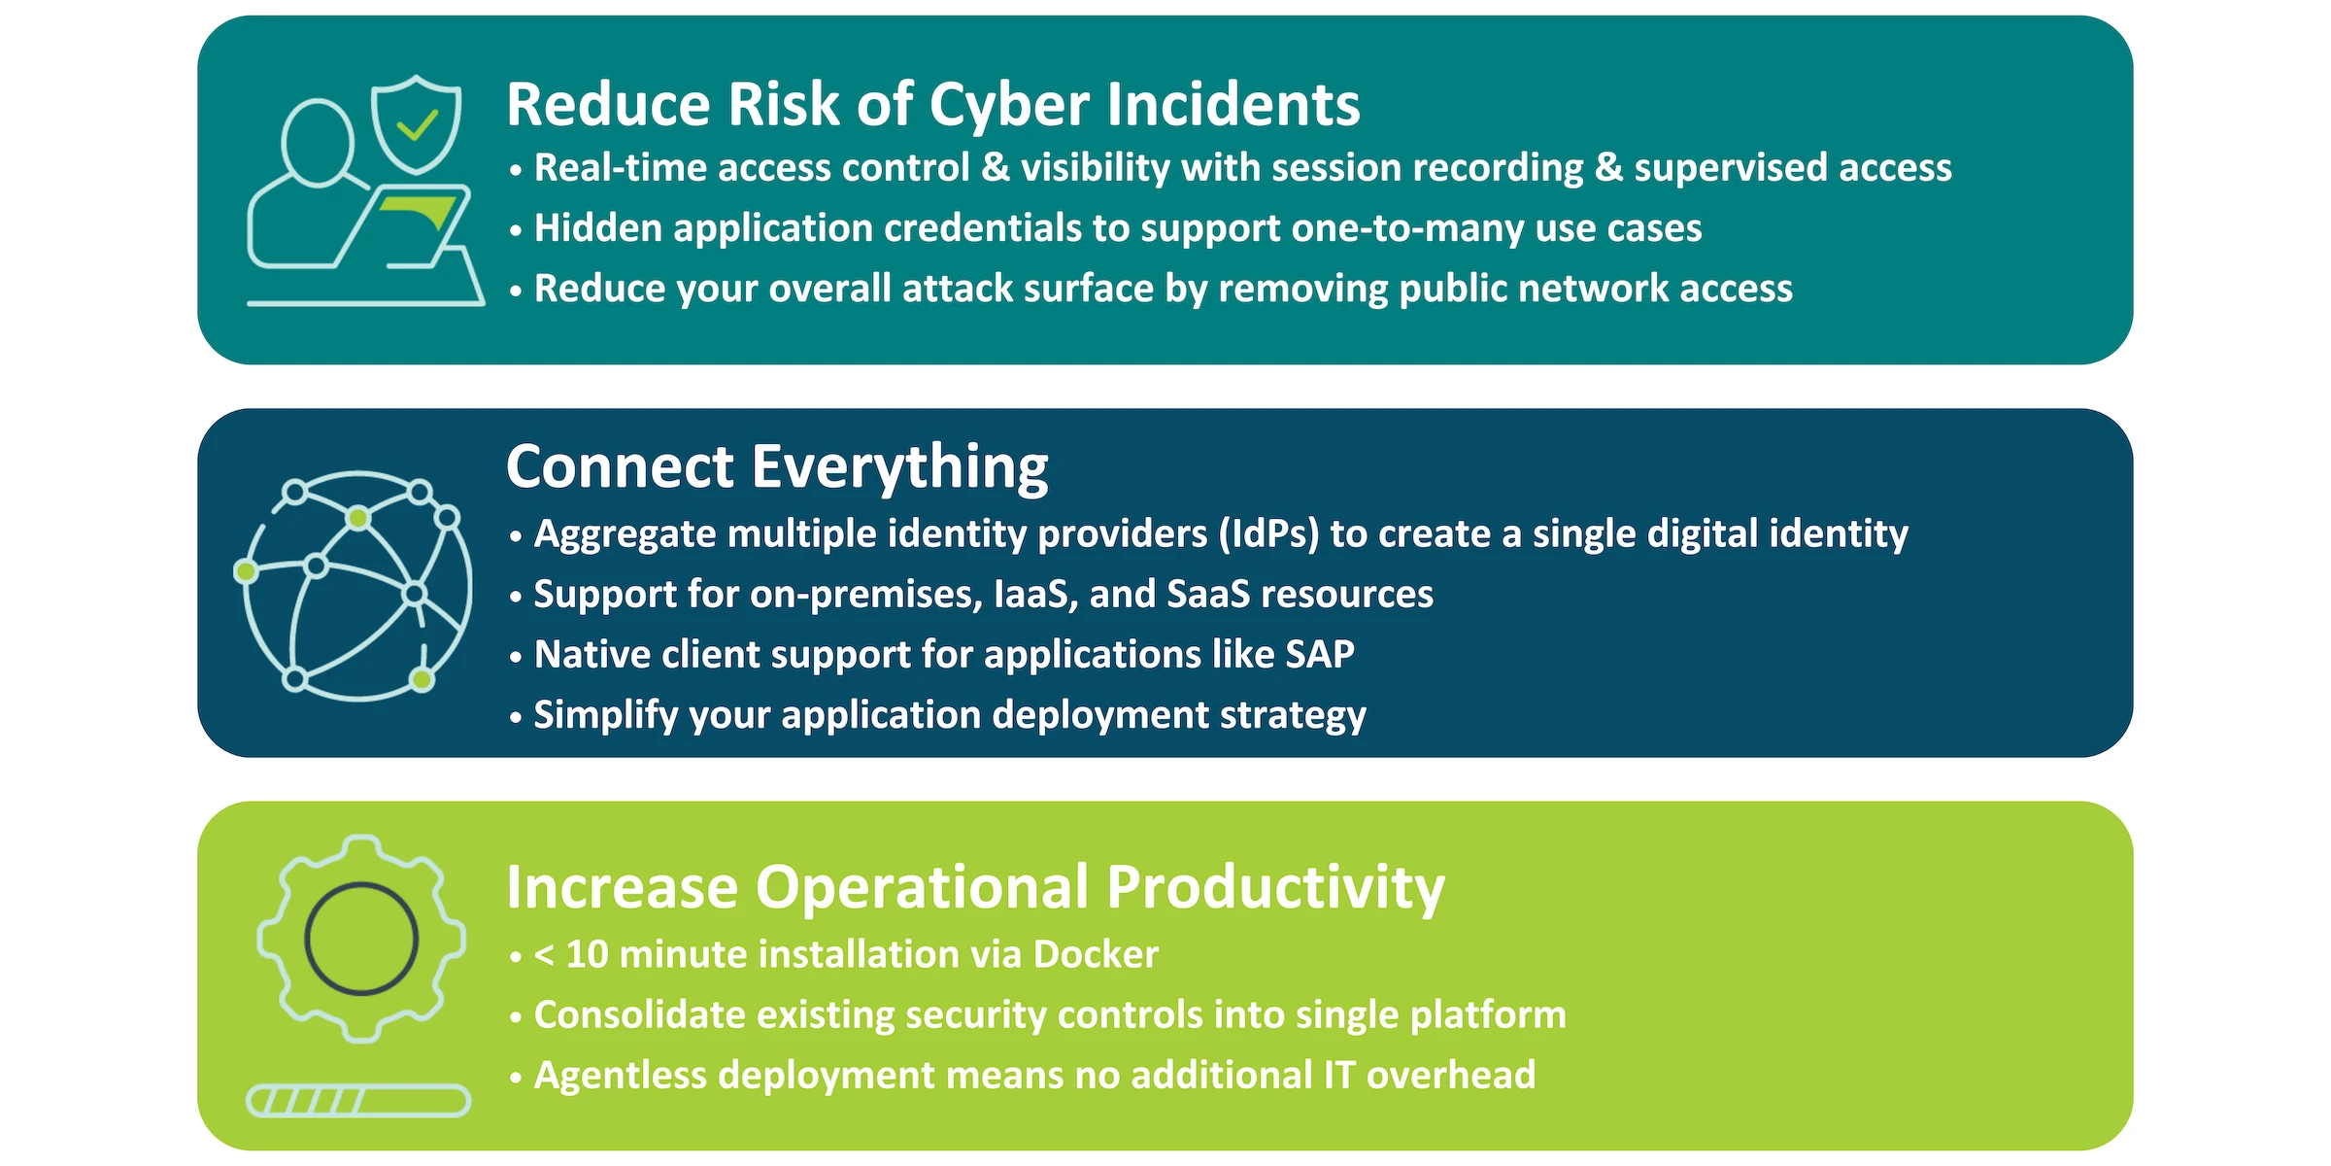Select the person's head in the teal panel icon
point(317,143)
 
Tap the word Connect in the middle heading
point(621,466)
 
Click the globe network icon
point(355,586)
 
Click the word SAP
point(1319,654)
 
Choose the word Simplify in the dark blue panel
point(606,716)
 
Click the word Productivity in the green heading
point(1275,888)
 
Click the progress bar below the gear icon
point(358,1101)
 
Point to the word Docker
point(1096,955)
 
